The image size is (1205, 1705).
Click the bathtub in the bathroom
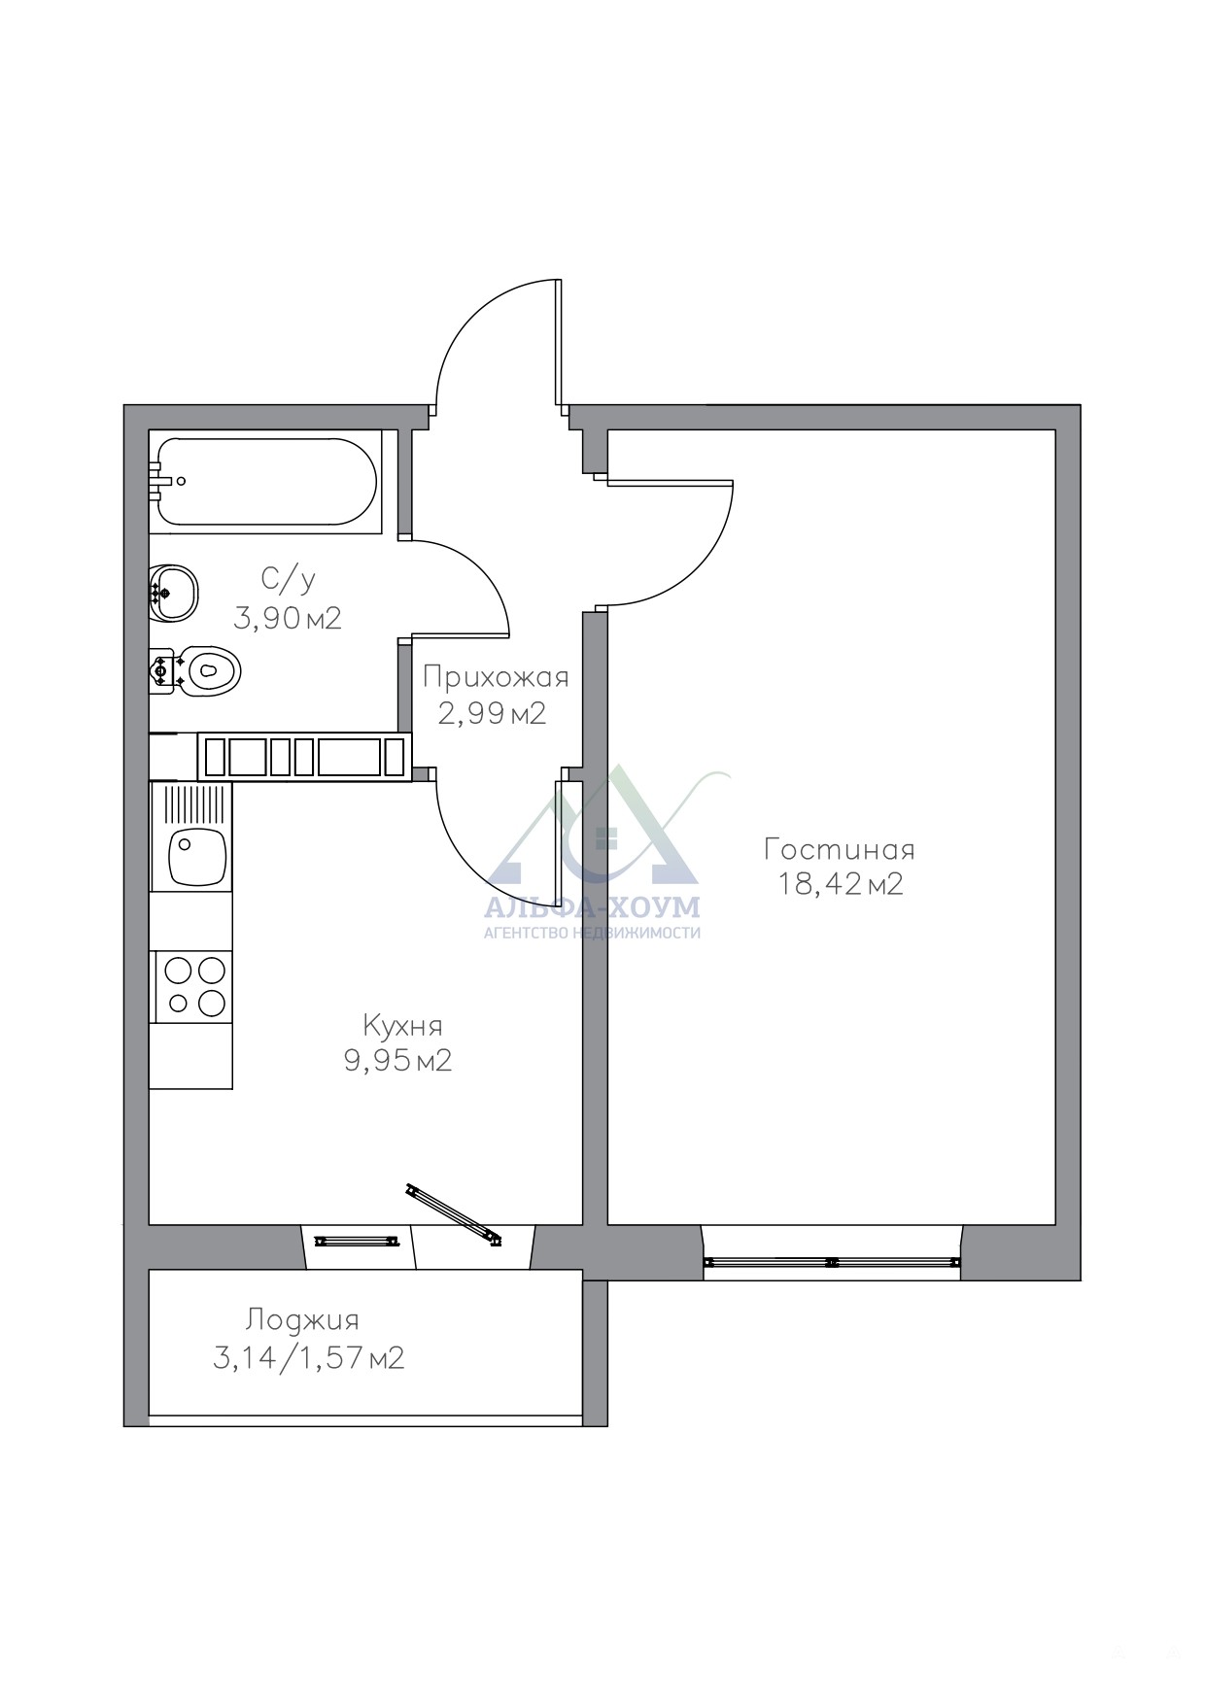(x=263, y=482)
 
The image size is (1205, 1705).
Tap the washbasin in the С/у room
(x=174, y=592)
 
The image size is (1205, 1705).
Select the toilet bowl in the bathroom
(x=195, y=669)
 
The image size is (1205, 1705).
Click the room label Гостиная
(x=840, y=850)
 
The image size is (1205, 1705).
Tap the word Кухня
(x=402, y=1026)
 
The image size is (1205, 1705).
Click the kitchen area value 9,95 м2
(x=397, y=1060)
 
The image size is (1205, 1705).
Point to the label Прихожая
(x=496, y=677)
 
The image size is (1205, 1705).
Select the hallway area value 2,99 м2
(x=493, y=714)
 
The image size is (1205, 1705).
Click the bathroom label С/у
(x=288, y=580)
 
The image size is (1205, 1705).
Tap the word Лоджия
(x=302, y=1320)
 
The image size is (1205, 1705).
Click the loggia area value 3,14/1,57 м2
(x=308, y=1357)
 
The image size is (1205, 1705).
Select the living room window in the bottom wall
(x=833, y=1262)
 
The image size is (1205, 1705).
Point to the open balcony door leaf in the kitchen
(x=453, y=1212)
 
